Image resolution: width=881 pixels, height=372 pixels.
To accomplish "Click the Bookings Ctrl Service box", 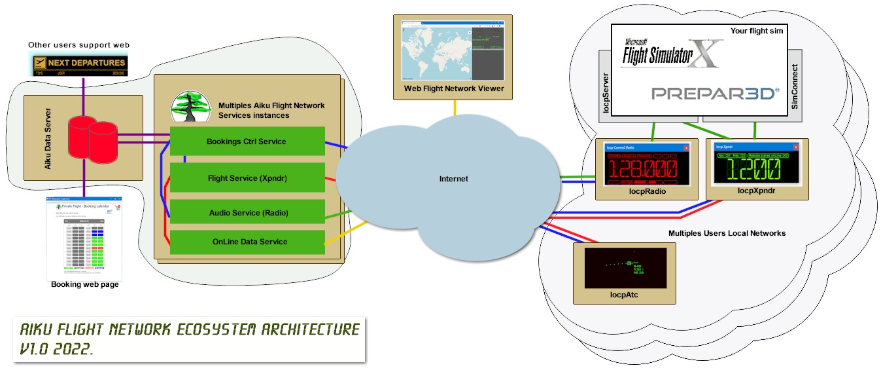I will click(247, 141).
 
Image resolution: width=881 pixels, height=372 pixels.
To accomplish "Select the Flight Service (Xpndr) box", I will click(247, 177).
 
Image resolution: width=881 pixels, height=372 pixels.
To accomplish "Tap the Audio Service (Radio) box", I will click(247, 213).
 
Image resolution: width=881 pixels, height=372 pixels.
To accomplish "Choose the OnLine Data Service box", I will click(247, 242).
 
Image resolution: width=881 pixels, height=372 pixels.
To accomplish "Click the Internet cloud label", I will click(453, 179).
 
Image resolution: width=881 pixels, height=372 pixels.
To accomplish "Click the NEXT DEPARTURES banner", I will click(80, 64).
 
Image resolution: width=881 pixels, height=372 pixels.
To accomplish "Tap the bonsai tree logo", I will click(191, 105).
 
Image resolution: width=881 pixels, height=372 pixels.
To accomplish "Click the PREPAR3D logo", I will click(715, 93).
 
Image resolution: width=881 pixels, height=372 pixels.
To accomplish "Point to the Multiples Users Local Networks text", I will click(727, 233).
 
